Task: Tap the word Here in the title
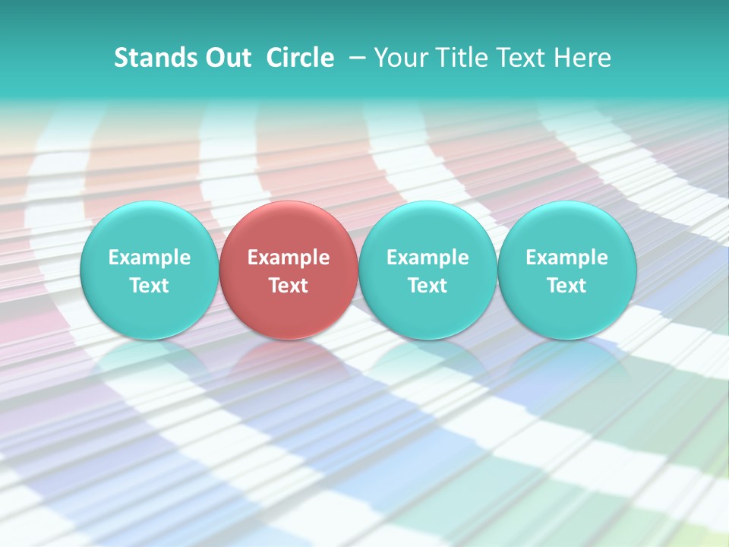pyautogui.click(x=581, y=58)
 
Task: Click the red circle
pyautogui.click(x=289, y=270)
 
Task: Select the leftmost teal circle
pyautogui.click(x=149, y=270)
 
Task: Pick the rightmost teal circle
pyautogui.click(x=567, y=270)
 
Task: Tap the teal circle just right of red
pyautogui.click(x=428, y=270)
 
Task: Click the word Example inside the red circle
pyautogui.click(x=289, y=258)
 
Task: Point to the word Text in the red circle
pyautogui.click(x=289, y=286)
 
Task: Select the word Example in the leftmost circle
pyautogui.click(x=149, y=258)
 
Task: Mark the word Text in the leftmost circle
pyautogui.click(x=149, y=286)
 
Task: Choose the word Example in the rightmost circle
pyautogui.click(x=567, y=258)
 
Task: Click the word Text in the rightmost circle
pyautogui.click(x=567, y=286)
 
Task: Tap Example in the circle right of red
pyautogui.click(x=428, y=258)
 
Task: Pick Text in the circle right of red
pyautogui.click(x=428, y=286)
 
